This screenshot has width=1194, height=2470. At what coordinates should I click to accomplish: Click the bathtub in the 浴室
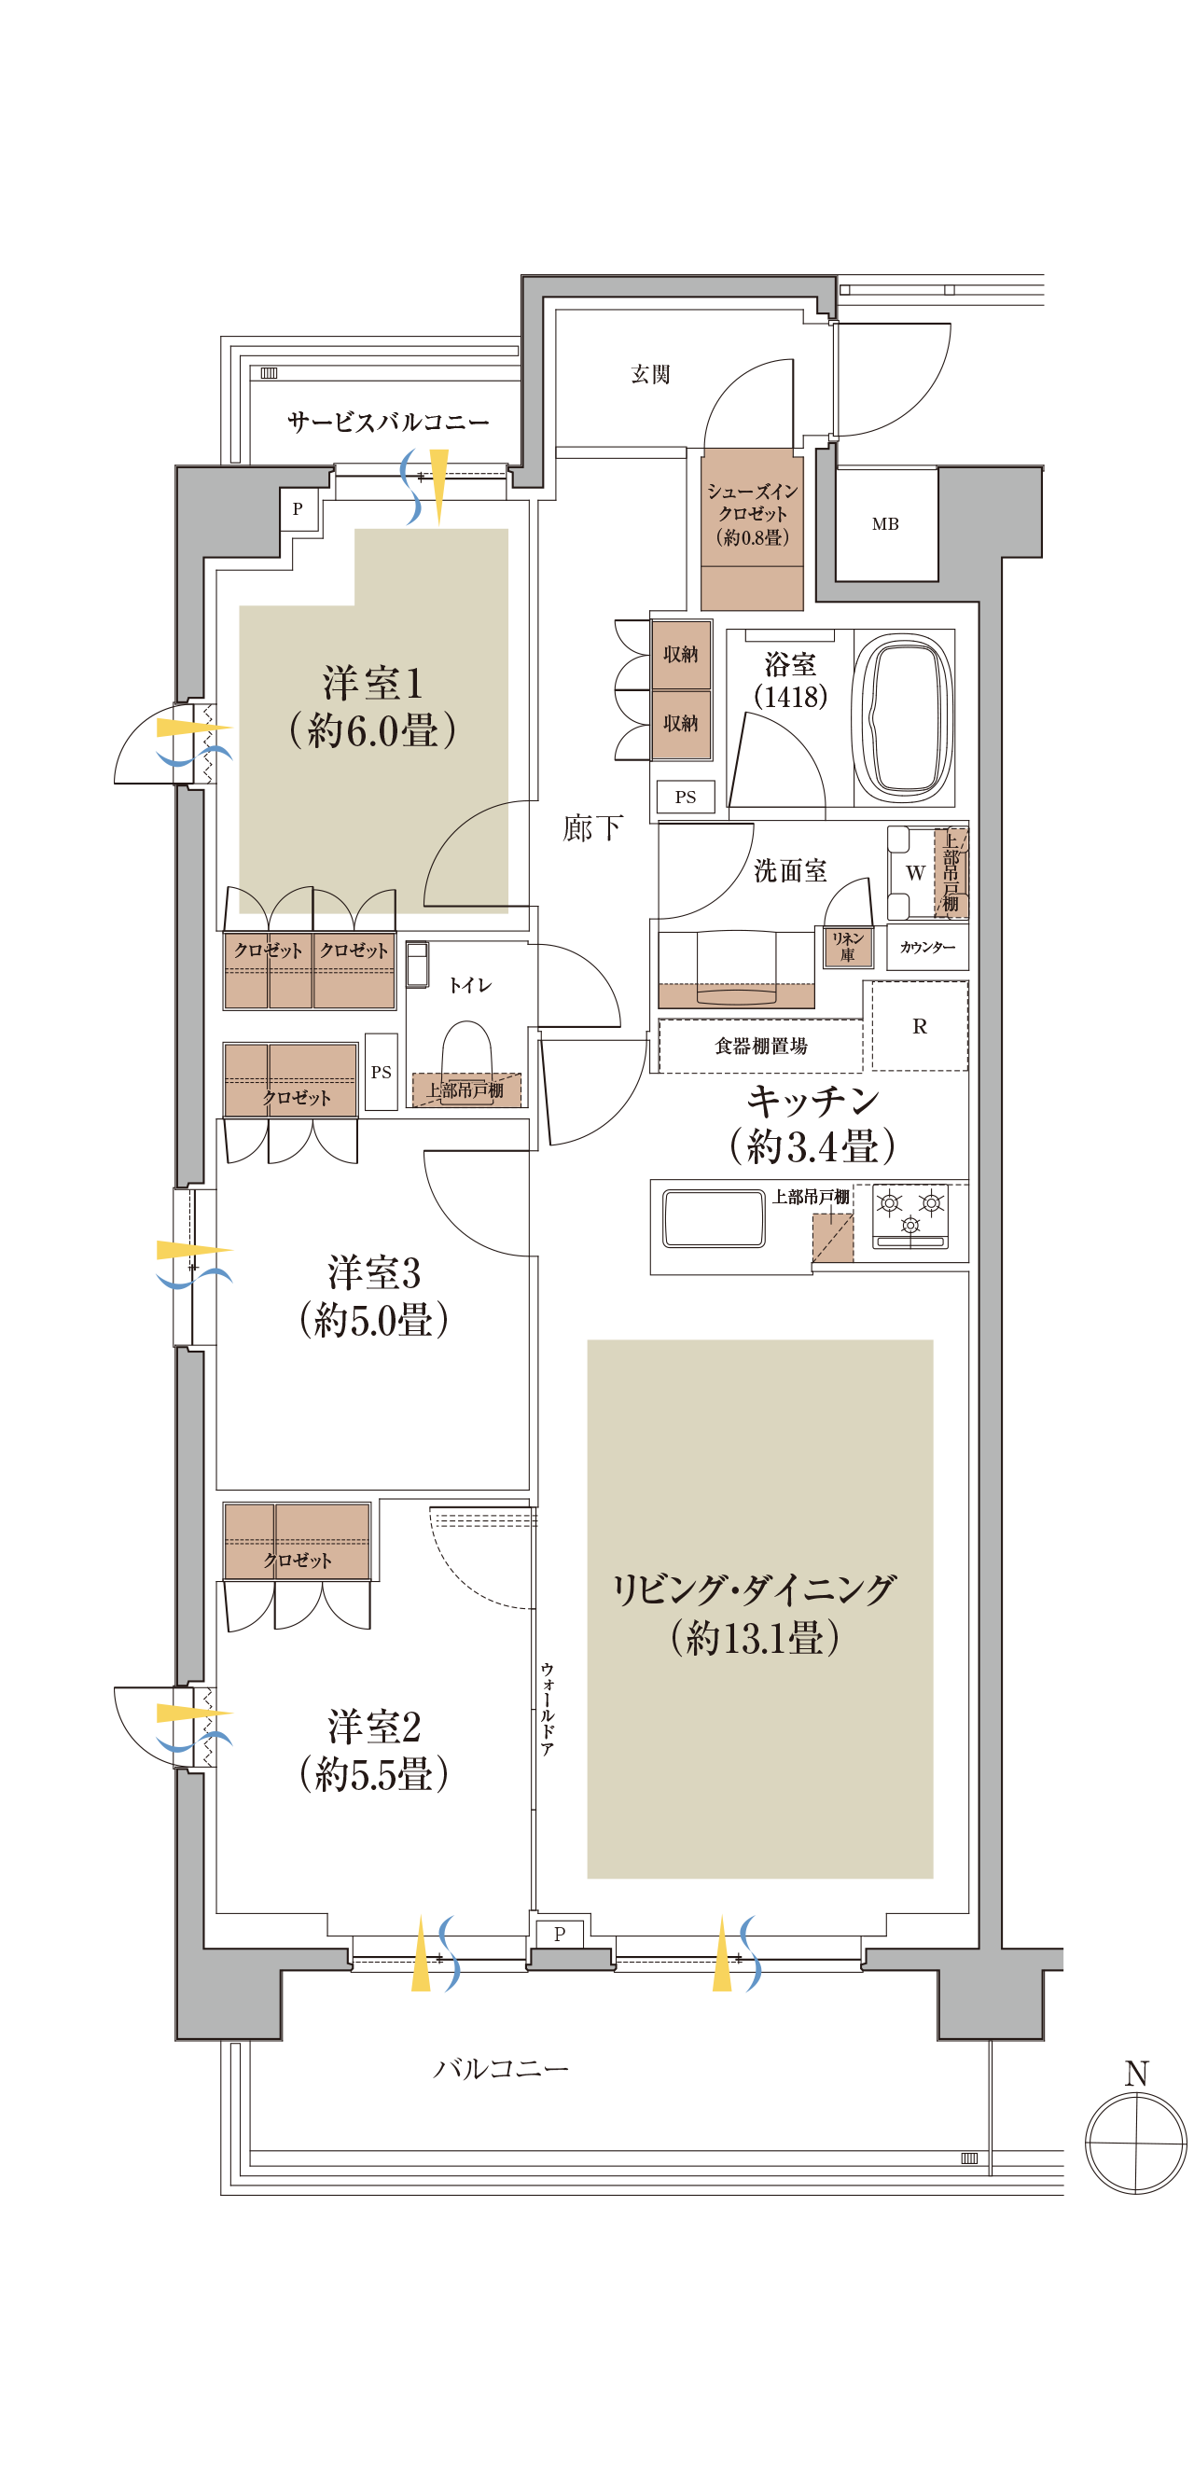click(x=902, y=717)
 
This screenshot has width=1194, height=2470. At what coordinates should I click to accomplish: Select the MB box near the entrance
click(x=885, y=523)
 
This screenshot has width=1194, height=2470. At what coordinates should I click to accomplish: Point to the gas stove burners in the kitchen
click(x=910, y=1214)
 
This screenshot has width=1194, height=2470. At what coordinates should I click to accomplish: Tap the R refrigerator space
click(x=919, y=1026)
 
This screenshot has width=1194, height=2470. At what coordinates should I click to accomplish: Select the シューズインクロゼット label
click(x=752, y=514)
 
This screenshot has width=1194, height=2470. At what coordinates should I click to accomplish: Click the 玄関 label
click(x=650, y=375)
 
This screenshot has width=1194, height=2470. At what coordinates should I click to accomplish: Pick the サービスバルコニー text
click(x=387, y=422)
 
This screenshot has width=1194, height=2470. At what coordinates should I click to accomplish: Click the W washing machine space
click(x=914, y=872)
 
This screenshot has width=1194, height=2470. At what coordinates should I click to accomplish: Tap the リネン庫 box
click(x=848, y=947)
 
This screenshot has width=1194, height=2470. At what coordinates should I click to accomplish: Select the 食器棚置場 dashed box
click(x=760, y=1046)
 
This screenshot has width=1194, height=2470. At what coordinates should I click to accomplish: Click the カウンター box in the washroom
click(x=926, y=948)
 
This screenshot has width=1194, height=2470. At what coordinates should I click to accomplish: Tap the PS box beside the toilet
click(x=381, y=1072)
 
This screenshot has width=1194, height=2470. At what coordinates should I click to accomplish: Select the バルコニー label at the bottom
click(x=501, y=2069)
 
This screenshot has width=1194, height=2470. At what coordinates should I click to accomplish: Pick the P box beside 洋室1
click(x=298, y=509)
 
